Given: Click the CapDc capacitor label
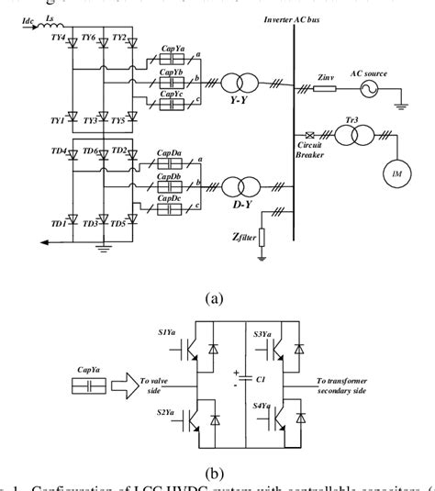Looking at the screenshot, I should pos(168,197).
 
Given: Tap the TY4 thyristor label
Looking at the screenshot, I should pos(57,39).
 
